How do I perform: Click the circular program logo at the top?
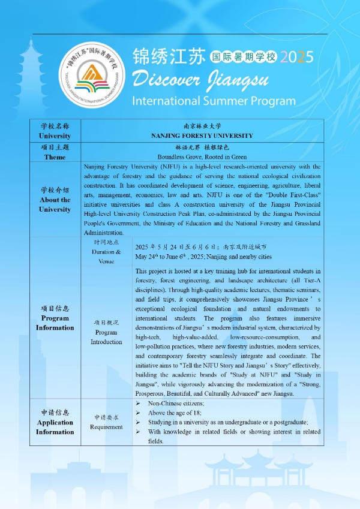93,76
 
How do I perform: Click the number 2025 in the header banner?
297,58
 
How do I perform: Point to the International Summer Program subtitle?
214,100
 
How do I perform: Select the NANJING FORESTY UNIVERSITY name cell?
202,135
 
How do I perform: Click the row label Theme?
55,157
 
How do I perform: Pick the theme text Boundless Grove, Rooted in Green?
202,157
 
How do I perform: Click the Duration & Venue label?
106,252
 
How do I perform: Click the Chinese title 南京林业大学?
202,127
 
